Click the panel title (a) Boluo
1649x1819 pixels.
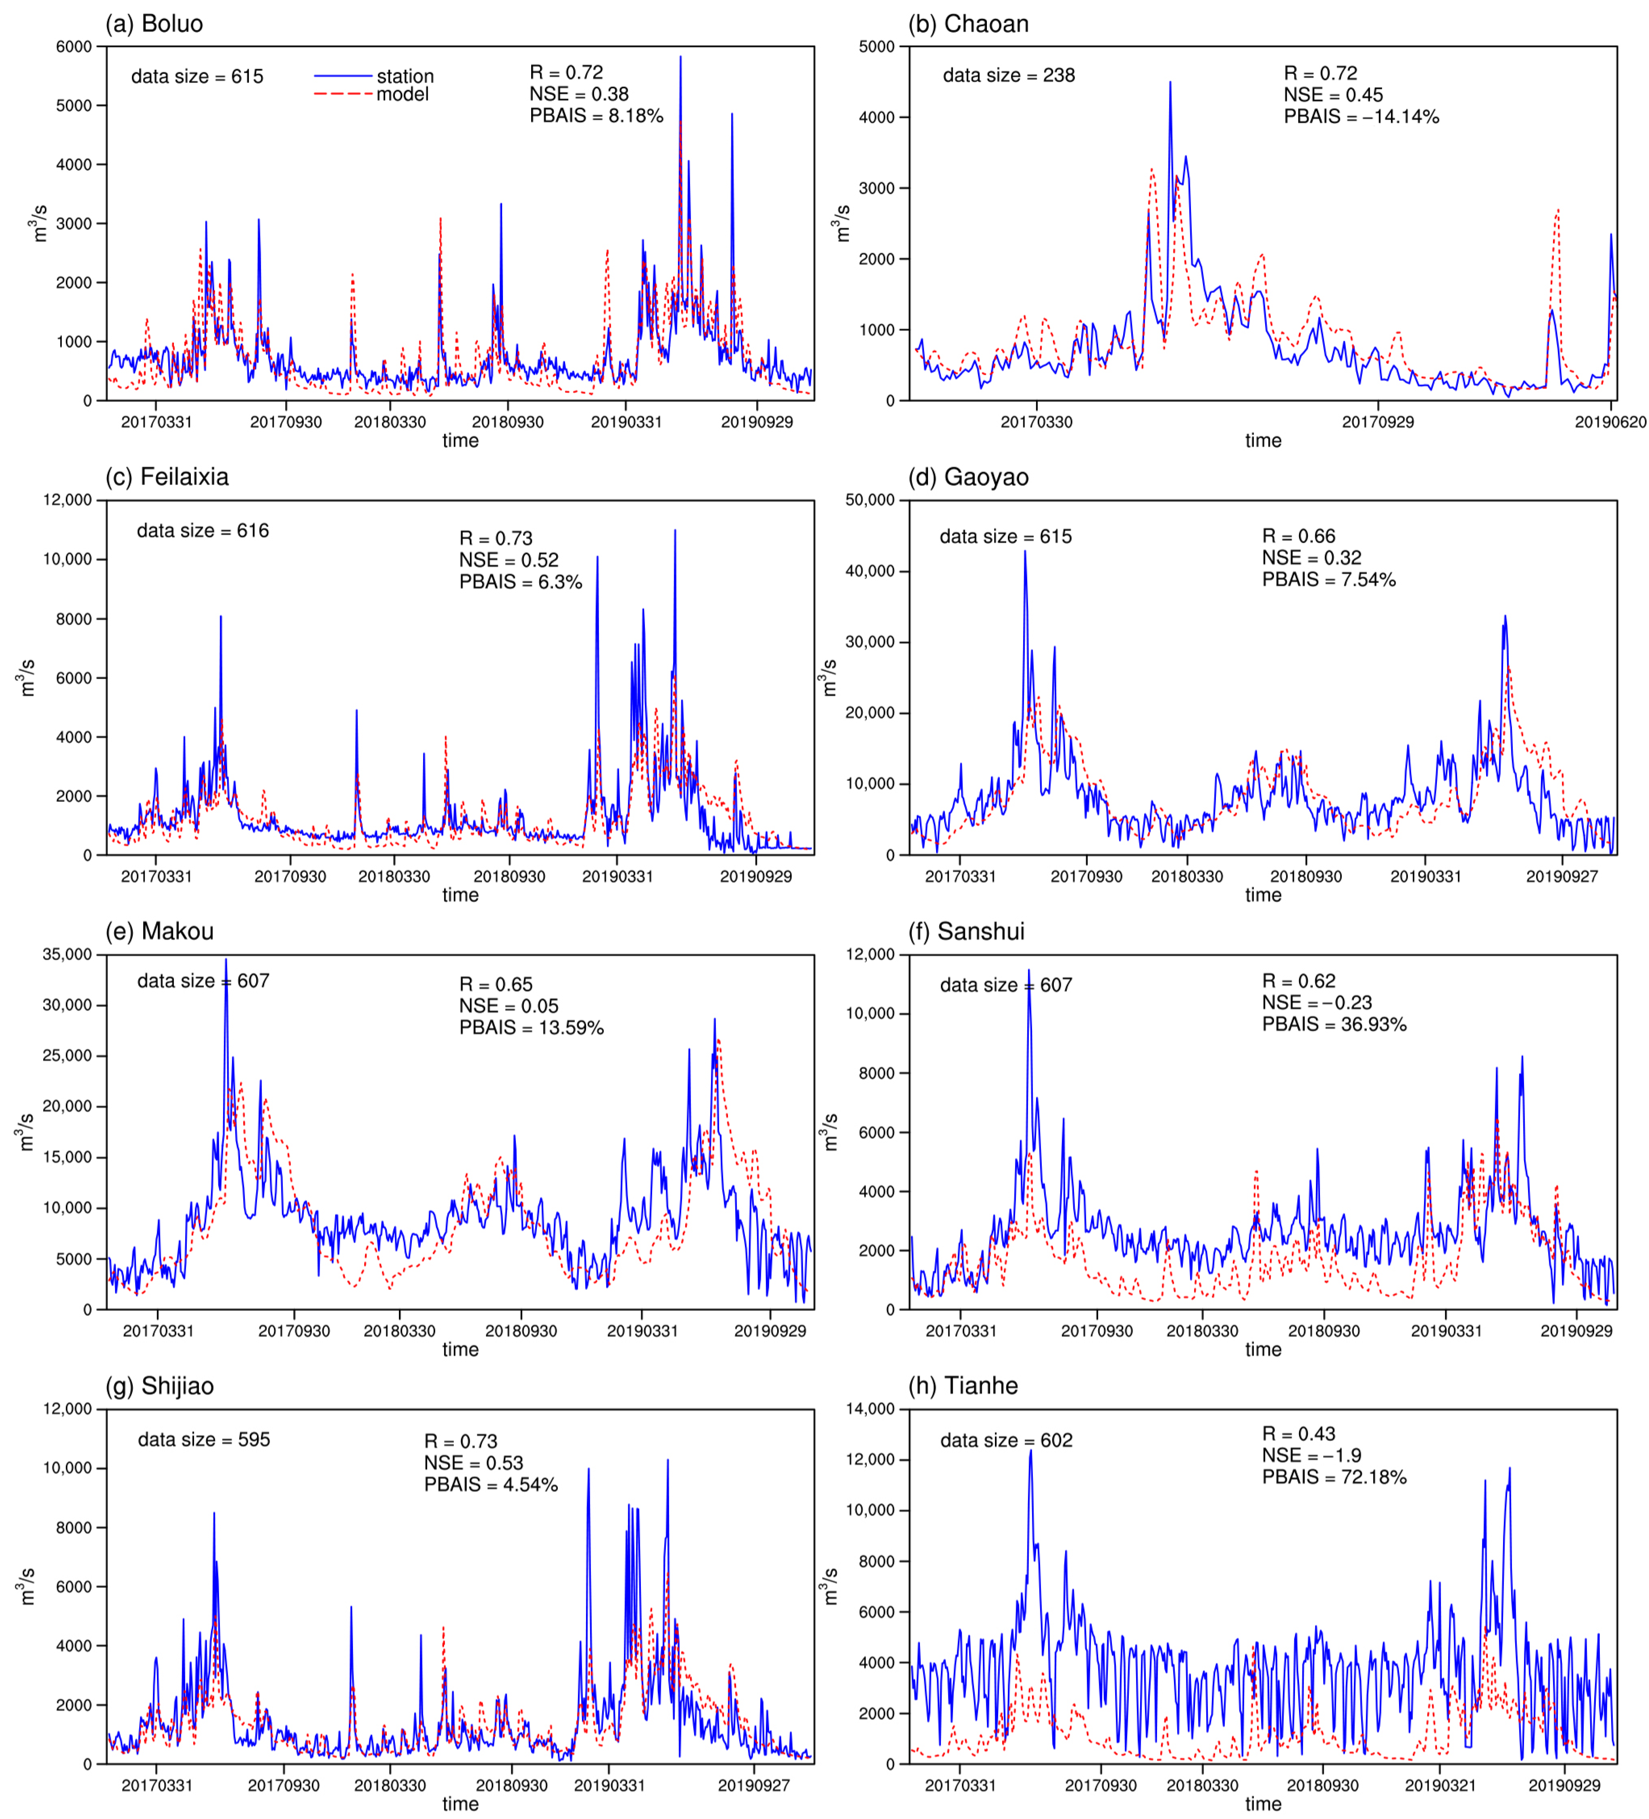154,24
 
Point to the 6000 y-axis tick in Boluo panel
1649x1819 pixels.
74,47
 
